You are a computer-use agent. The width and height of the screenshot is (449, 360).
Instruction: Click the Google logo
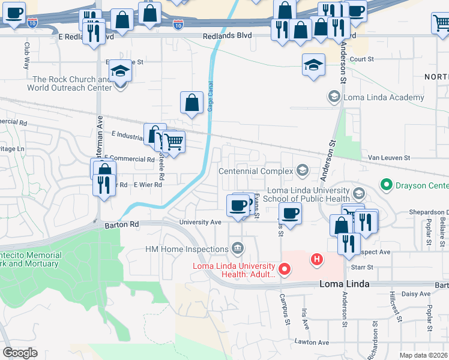coord(20,353)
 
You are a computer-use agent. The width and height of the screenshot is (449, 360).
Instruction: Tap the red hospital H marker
coord(316,260)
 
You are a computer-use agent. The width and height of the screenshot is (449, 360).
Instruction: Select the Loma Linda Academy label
coord(370,97)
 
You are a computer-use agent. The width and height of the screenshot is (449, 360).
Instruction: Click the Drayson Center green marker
coord(385,185)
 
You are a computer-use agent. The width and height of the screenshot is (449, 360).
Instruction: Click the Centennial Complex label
coord(256,172)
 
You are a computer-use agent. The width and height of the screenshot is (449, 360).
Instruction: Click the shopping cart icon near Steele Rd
coord(173,142)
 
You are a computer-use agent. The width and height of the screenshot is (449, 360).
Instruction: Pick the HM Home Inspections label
coord(186,248)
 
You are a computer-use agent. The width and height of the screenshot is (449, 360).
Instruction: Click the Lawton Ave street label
coord(312,342)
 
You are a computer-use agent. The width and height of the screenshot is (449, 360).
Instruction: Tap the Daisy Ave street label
coord(417,294)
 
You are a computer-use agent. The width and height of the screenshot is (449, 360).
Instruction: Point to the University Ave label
coord(200,222)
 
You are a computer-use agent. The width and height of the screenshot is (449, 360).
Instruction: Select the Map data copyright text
coord(424,355)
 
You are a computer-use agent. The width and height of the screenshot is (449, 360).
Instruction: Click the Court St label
coord(361,59)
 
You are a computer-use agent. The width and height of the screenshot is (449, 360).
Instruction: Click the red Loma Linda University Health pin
coord(285,270)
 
